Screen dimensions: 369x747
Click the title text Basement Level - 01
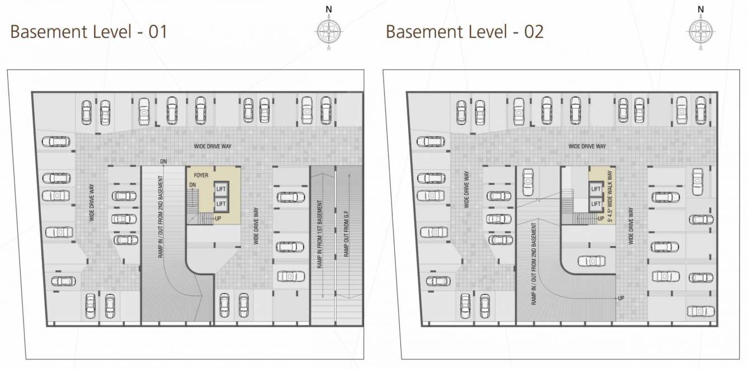pos(89,31)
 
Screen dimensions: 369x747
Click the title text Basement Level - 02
pos(465,31)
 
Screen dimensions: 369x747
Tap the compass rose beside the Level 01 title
pos(329,31)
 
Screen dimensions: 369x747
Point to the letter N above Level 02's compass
pos(701,9)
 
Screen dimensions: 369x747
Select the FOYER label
pos(202,175)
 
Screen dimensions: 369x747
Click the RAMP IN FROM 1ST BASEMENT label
pos(320,236)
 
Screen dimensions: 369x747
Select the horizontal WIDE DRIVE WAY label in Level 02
pos(587,146)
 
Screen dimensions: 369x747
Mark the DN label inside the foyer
pos(192,185)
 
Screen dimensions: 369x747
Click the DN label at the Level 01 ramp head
pos(163,161)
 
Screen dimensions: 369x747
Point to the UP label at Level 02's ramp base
pos(621,298)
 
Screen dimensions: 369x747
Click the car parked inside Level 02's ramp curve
pos(592,261)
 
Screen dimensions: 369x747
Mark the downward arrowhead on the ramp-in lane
pos(323,296)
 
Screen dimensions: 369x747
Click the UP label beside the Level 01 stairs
pos(218,218)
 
